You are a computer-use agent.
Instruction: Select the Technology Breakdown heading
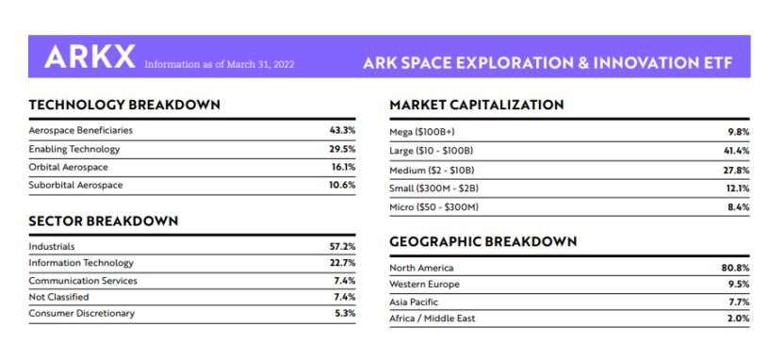click(x=124, y=104)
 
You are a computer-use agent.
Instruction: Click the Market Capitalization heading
click(x=476, y=104)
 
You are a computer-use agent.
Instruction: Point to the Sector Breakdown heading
click(x=103, y=221)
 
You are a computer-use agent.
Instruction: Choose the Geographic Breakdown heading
click(x=482, y=242)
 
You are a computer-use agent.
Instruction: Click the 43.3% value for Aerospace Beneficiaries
click(x=342, y=130)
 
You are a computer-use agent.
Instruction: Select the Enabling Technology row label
click(x=74, y=149)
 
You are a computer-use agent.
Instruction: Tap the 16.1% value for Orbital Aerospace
click(x=343, y=167)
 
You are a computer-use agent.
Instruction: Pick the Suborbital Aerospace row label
click(x=75, y=185)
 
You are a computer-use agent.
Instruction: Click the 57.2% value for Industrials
click(x=342, y=246)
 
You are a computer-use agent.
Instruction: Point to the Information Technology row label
click(x=81, y=263)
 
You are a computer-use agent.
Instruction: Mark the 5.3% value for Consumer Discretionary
click(x=345, y=313)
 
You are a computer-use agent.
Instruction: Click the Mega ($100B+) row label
click(x=421, y=132)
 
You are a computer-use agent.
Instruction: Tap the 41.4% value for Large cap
click(x=737, y=151)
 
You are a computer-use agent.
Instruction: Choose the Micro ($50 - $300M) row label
click(x=434, y=206)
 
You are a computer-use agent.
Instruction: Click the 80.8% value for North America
click(x=736, y=268)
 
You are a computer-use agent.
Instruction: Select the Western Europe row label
click(x=425, y=284)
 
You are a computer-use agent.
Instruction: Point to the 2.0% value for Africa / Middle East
click(x=739, y=319)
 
